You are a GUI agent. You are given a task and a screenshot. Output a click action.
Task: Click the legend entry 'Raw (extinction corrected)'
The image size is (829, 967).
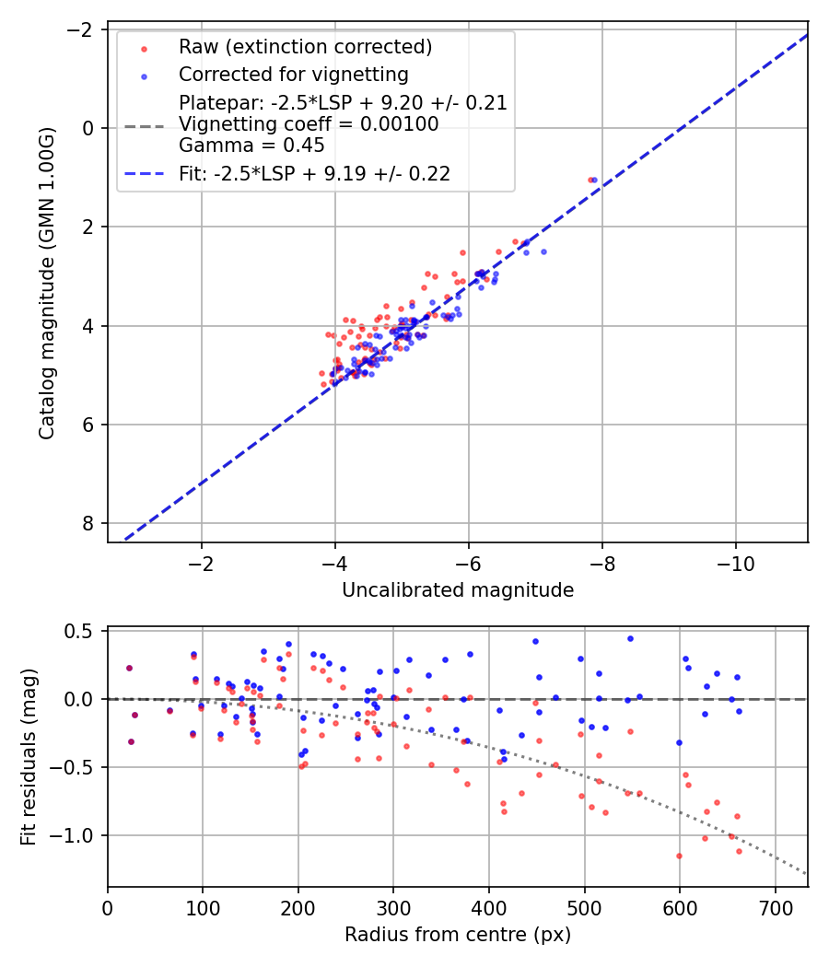click(x=305, y=47)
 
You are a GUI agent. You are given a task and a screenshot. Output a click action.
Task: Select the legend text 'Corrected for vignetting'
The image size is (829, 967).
click(x=293, y=74)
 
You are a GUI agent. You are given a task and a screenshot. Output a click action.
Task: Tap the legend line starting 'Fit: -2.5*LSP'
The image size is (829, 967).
click(x=314, y=174)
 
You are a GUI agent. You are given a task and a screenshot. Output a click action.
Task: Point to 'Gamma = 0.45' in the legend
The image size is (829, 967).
click(x=251, y=146)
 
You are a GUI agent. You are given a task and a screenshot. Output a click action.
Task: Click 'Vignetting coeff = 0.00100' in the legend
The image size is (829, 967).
click(x=309, y=124)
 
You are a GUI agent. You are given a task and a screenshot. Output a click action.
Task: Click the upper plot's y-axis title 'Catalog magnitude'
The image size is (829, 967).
click(x=48, y=284)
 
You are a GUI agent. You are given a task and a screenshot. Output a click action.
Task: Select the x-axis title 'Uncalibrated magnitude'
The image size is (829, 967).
click(x=458, y=590)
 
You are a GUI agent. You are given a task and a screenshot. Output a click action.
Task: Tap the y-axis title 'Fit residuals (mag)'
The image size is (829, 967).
click(x=29, y=757)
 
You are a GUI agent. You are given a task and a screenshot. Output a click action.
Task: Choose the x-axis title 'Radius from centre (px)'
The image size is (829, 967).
click(x=458, y=935)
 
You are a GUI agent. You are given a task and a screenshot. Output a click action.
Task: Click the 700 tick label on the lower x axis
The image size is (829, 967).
click(x=775, y=908)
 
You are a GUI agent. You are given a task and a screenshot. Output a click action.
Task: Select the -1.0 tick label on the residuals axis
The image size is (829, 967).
click(x=76, y=835)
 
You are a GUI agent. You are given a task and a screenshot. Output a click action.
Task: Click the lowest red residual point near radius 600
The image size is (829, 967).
click(x=679, y=856)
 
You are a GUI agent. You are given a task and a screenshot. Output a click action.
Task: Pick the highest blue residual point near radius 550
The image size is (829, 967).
click(x=630, y=638)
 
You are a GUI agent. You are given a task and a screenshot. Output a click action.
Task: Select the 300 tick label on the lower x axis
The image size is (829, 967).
click(x=393, y=908)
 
